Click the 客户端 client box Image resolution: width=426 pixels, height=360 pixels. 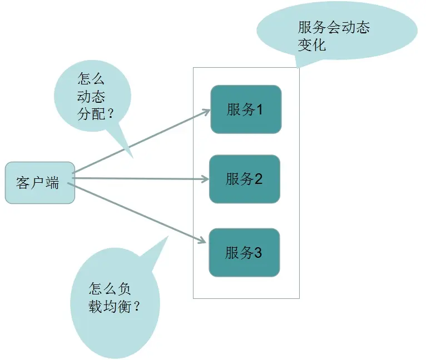[39, 183]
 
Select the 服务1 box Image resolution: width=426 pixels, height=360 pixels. [245, 109]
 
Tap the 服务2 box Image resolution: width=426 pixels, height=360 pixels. [244, 179]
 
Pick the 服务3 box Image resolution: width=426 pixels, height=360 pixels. [244, 253]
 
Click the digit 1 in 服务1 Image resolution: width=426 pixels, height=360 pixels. [259, 110]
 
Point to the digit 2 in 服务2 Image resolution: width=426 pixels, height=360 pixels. [258, 179]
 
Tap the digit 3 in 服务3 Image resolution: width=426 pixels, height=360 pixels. [257, 253]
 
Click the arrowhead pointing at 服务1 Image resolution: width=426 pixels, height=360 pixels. [205, 111]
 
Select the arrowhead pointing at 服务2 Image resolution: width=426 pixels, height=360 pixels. [204, 179]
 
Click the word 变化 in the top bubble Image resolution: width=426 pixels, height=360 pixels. [311, 44]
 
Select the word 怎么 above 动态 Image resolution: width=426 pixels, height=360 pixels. [91, 79]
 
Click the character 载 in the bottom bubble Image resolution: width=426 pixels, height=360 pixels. [94, 306]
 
